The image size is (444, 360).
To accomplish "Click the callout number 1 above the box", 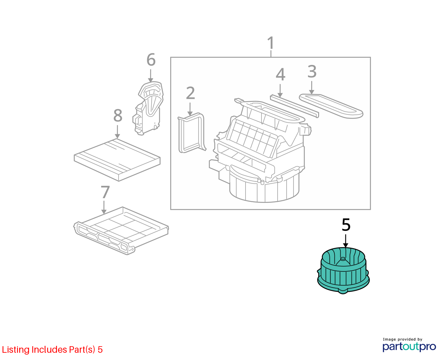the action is [271, 43].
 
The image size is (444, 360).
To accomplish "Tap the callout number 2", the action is [190, 93].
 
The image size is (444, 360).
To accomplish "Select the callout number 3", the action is [312, 71].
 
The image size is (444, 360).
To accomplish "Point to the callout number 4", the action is [280, 74].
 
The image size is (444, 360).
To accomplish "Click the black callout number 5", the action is [346, 225].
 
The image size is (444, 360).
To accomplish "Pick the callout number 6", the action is [151, 60].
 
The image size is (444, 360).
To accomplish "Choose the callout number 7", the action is [105, 192].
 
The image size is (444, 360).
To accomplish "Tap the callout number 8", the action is [118, 115].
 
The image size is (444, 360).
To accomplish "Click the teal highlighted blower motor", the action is [343, 270].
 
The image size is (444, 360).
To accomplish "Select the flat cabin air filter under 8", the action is [117, 160].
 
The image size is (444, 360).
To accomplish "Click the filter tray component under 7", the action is [121, 231].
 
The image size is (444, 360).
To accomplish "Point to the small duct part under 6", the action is [148, 109].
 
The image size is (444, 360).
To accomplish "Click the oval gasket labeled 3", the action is [331, 106].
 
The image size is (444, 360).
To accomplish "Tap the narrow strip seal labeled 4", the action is [294, 106].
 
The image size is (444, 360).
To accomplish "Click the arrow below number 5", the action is [346, 241].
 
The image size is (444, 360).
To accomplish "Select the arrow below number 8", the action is [118, 132].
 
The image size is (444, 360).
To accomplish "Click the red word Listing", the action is [16, 350].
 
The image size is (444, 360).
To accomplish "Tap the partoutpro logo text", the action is [409, 347].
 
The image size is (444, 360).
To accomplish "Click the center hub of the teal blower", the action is [343, 261].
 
